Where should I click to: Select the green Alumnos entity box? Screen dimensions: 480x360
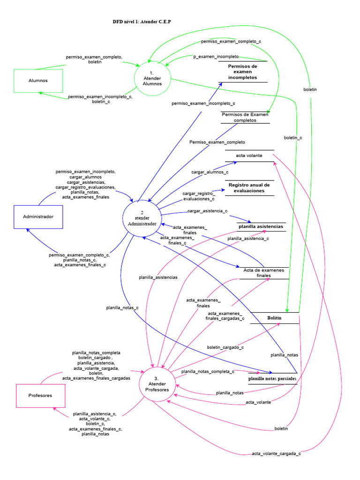point(38,81)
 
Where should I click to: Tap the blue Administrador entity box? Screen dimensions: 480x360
point(38,217)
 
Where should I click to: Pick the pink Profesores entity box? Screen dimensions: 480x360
point(40,396)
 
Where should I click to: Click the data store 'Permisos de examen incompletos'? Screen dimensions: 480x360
point(242,72)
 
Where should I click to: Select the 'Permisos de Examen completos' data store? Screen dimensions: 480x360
point(245,117)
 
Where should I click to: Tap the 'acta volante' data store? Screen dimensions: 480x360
point(249,156)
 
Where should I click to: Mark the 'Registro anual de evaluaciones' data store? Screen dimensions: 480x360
point(249,187)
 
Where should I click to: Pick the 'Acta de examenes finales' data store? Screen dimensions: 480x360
point(263,273)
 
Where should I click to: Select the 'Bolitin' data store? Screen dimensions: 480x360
point(275,318)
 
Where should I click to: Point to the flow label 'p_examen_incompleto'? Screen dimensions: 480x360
point(216,56)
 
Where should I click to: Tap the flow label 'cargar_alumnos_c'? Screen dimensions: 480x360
point(210,172)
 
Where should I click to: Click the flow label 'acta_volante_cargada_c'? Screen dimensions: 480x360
point(276,453)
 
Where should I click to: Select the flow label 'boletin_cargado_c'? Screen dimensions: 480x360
point(225,347)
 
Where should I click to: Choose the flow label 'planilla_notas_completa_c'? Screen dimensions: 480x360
point(208,371)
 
